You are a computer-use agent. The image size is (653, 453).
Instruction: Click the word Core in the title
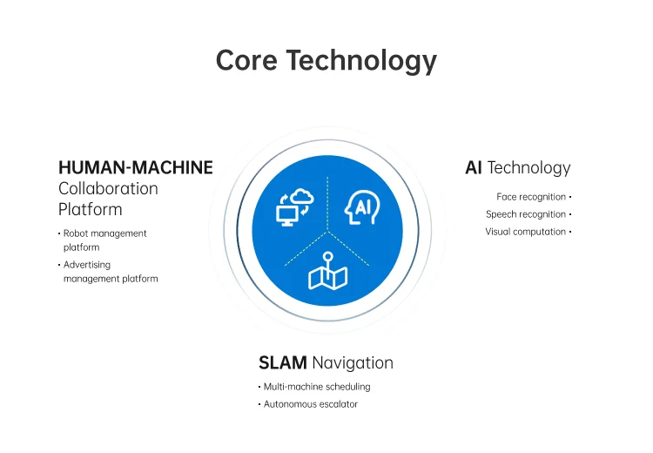pos(246,61)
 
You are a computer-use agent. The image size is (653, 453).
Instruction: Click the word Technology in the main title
pos(361,61)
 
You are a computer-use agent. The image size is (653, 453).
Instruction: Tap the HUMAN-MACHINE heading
pos(135,167)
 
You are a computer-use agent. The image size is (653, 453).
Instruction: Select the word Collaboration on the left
pos(108,188)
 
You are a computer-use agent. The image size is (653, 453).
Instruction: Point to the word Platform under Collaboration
pos(90,210)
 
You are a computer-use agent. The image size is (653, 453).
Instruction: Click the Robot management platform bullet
pos(104,240)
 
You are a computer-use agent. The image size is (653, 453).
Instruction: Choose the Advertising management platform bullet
pos(110,272)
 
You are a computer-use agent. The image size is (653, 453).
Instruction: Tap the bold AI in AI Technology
pos(474,167)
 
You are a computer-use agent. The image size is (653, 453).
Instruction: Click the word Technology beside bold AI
pos(529,167)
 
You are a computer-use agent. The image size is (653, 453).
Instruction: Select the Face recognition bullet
pos(531,197)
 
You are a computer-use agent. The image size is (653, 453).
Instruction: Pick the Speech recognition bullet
pos(526,214)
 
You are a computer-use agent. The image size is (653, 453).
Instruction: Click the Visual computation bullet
pos(526,232)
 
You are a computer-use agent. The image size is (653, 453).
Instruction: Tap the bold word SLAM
pos(283,362)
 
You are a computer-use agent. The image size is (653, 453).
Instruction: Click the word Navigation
pos(353,362)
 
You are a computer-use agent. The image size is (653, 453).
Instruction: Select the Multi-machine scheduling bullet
pos(316,386)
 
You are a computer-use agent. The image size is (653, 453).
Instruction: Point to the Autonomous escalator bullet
pos(310,404)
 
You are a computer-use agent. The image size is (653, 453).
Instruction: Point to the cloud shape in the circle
pos(302,196)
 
